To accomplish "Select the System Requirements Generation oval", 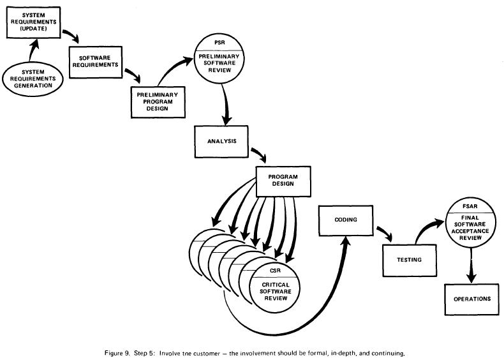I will (31, 79).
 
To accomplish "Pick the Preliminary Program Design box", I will (157, 101).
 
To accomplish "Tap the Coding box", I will (345, 220).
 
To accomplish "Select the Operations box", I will (472, 297).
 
